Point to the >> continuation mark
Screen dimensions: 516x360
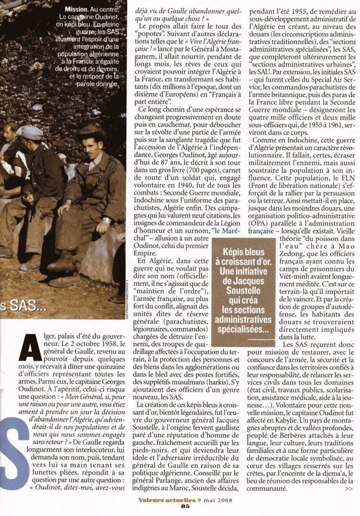pyautogui.click(x=348, y=489)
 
